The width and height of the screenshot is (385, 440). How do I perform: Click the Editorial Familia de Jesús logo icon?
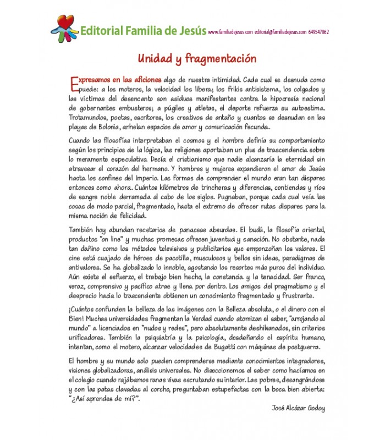[x=64, y=26]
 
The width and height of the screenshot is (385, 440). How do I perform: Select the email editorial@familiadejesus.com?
[x=280, y=32]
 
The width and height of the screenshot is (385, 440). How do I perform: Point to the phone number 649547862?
[x=319, y=32]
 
